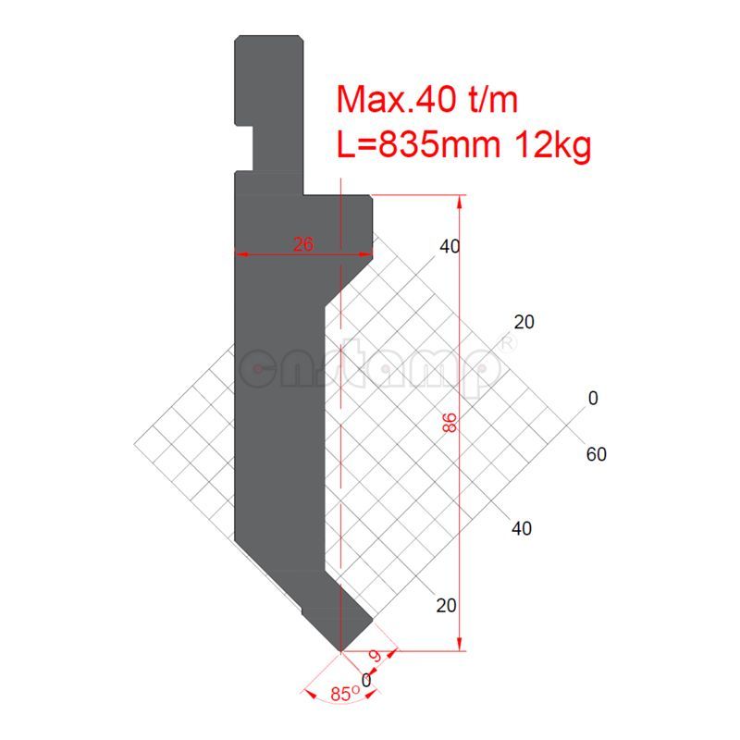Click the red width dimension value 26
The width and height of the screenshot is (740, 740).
coord(303,244)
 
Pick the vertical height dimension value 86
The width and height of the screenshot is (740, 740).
coord(450,424)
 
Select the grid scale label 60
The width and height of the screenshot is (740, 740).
coord(597,454)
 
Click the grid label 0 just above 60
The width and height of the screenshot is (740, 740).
coord(593,399)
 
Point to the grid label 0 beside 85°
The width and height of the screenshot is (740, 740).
coord(367,680)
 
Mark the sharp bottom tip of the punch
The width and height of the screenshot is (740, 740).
coord(341,651)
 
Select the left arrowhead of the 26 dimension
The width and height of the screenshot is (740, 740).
coord(239,252)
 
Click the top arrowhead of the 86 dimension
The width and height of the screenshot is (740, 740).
coord(460,200)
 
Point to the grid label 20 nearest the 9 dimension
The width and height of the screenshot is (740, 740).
coord(447,606)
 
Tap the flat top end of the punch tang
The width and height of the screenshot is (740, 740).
coord(269,36)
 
